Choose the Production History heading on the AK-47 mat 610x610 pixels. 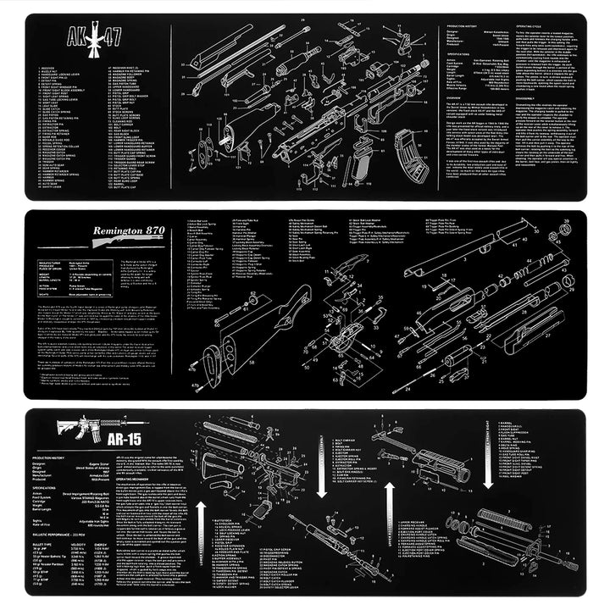(x=465, y=27)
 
